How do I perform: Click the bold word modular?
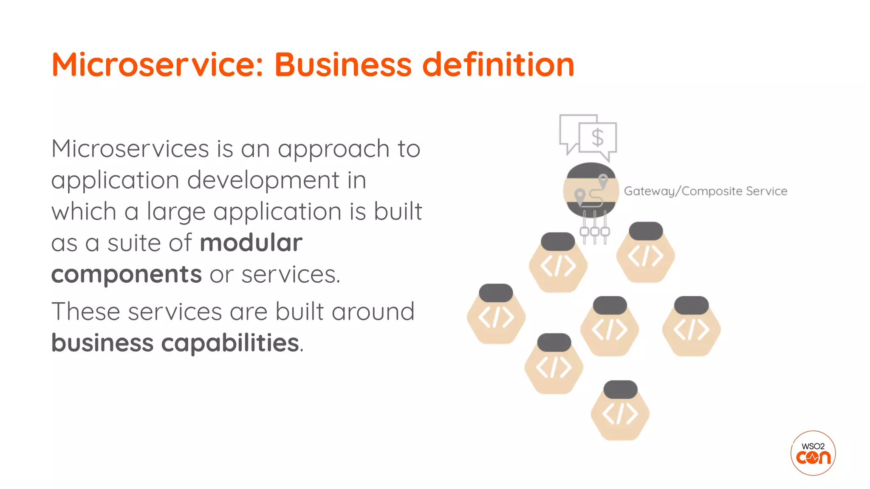click(x=251, y=243)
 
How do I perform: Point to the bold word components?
click(x=126, y=275)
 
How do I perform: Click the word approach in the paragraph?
click(x=333, y=149)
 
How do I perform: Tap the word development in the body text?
click(x=263, y=180)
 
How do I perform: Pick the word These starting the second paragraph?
click(x=85, y=312)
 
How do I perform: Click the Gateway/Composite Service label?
click(x=705, y=191)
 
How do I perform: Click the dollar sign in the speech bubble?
click(x=597, y=138)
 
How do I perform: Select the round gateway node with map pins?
click(x=590, y=190)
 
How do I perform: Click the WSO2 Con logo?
click(x=813, y=453)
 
